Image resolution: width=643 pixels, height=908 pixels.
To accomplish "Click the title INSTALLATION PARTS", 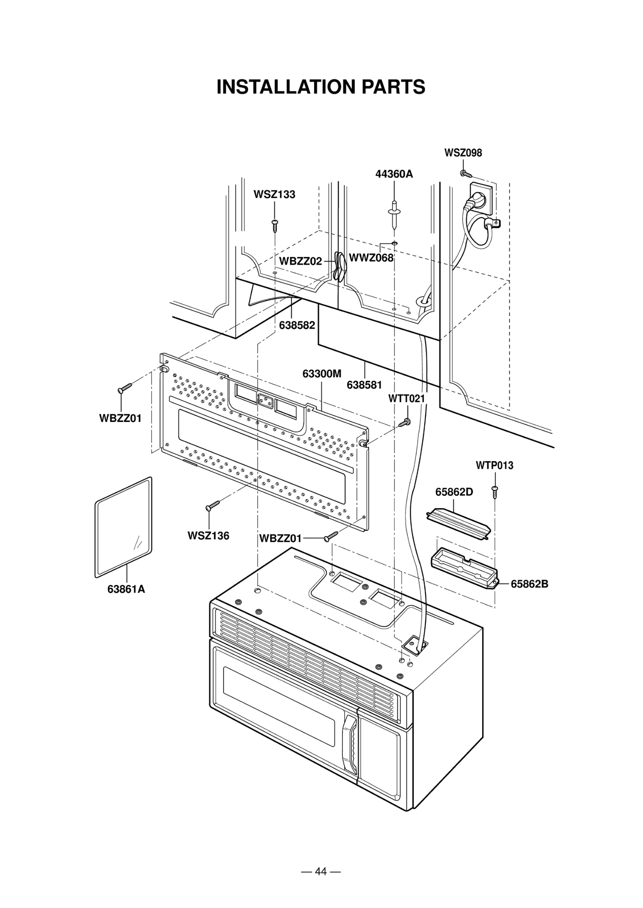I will pos(321,87).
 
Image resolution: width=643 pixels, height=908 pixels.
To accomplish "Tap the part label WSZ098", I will pos(463,153).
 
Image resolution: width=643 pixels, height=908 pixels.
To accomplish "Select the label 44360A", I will pos(394,174).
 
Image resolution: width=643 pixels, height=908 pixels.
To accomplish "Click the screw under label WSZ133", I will pos(275,225).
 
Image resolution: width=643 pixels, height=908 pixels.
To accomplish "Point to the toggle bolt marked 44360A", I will pos(394,213).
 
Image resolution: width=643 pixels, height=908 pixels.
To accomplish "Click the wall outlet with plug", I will pos(481,199).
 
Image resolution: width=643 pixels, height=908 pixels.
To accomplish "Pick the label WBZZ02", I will pos(300,261).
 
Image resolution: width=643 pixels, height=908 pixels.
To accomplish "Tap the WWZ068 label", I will pos(371,258).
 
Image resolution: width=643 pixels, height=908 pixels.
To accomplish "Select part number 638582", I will pos(297,325).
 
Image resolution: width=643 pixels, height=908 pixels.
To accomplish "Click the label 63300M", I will pos(321,374).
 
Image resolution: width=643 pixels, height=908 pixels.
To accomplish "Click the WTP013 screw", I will pos(494,492).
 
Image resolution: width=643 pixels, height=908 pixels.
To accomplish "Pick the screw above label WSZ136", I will pos(213,505).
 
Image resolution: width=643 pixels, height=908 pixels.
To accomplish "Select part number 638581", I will pos(364,385).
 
